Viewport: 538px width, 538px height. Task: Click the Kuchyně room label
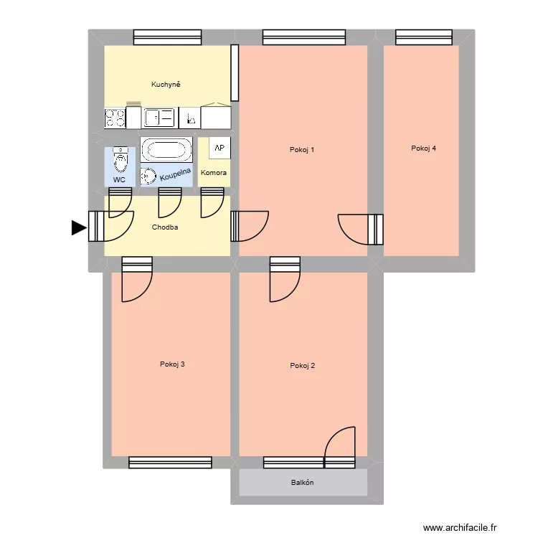coord(166,85)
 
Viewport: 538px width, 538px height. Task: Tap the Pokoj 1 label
coord(302,150)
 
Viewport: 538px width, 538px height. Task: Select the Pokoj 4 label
coord(423,148)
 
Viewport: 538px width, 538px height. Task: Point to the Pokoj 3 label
coord(172,364)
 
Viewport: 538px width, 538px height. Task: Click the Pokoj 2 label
coord(302,366)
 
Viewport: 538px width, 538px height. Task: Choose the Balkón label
coord(302,483)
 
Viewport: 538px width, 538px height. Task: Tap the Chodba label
coord(165,227)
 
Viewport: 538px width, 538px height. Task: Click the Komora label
coord(214,173)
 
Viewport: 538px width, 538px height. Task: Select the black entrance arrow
coord(78,228)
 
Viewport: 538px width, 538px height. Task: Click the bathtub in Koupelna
coord(166,150)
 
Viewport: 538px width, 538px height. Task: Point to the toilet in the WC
coord(120,159)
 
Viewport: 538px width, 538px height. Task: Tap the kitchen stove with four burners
coord(115,118)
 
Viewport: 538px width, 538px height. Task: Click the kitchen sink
coord(159,118)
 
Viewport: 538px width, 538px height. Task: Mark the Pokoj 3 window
coord(170,463)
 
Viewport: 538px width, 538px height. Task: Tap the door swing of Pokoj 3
coord(136,283)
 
